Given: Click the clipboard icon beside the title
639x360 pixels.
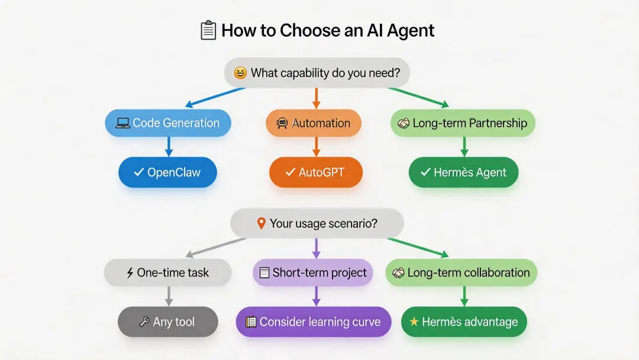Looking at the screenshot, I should pyautogui.click(x=208, y=30).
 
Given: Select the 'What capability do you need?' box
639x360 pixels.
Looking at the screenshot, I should pyautogui.click(x=317, y=73).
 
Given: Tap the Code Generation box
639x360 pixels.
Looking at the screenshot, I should pyautogui.click(x=168, y=123).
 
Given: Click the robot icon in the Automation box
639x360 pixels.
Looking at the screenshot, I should pyautogui.click(x=282, y=123).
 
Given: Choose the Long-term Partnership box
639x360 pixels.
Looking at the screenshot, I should pyautogui.click(x=463, y=123).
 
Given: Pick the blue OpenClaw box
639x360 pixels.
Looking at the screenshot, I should pyautogui.click(x=168, y=173).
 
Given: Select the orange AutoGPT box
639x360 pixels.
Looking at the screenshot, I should pyautogui.click(x=315, y=173).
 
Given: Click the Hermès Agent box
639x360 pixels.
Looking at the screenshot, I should pyautogui.click(x=464, y=173).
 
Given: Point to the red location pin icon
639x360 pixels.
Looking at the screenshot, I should pyautogui.click(x=261, y=224).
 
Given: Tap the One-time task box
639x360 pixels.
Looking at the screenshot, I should pyautogui.click(x=167, y=273).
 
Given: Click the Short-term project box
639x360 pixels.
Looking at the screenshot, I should pyautogui.click(x=313, y=273).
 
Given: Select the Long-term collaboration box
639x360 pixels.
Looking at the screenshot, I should pyautogui.click(x=461, y=273).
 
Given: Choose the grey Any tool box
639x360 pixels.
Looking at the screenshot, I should pyautogui.click(x=168, y=322).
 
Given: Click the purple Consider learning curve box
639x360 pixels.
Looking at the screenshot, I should pyautogui.click(x=314, y=322).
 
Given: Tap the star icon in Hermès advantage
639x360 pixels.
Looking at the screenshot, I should pyautogui.click(x=414, y=322).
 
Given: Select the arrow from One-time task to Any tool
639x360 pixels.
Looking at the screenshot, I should pyautogui.click(x=168, y=296).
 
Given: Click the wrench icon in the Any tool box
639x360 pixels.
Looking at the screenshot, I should pyautogui.click(x=144, y=322).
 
